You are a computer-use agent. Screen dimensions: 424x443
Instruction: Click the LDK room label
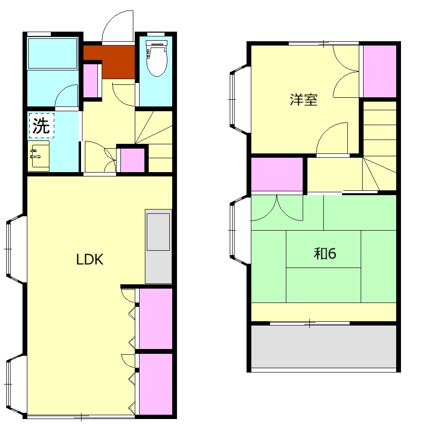coord(90,259)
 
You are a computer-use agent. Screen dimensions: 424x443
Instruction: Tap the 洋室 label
coord(304,100)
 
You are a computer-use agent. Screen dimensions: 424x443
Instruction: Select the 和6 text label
coord(325,254)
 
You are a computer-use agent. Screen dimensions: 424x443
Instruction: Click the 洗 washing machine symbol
coord(42,126)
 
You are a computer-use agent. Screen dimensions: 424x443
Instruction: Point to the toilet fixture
coord(156,58)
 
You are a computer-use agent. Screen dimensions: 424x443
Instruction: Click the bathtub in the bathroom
coord(53,53)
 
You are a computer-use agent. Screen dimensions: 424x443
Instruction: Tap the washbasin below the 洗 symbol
coord(38,156)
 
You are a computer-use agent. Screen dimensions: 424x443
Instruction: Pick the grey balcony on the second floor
coord(324,347)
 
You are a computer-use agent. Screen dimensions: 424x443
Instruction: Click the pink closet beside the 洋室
coord(379,71)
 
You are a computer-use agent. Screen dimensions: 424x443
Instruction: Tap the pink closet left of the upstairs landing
coord(277,175)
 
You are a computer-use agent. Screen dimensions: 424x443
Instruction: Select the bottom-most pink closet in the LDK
coord(156,384)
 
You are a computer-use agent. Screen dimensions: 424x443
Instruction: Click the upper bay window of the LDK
coord(16,249)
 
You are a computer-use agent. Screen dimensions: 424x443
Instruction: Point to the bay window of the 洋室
coord(240,99)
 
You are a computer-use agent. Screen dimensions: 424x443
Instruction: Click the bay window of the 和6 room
coord(240,231)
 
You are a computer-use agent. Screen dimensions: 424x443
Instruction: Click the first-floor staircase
coord(154,141)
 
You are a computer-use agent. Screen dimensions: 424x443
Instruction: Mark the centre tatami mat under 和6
coord(323,249)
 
